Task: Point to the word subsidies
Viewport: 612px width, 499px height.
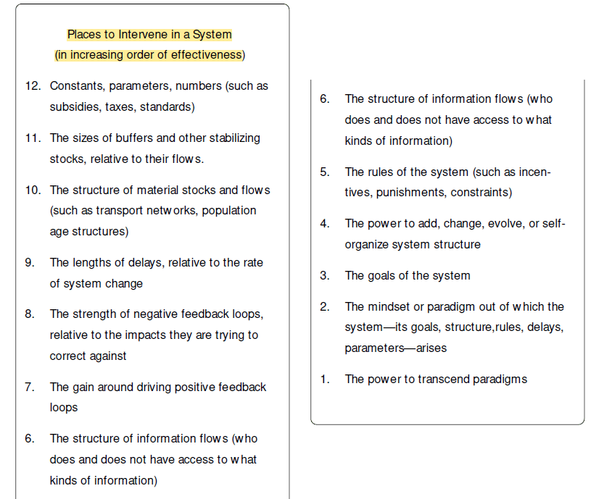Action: (72, 107)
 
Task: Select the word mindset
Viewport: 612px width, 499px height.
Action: (389, 307)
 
